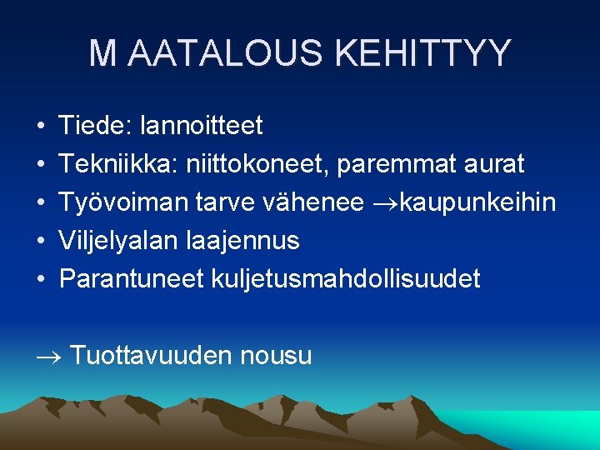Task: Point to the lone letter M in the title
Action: pyautogui.click(x=103, y=53)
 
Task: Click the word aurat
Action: pyautogui.click(x=497, y=164)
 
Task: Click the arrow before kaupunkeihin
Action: pyautogui.click(x=382, y=203)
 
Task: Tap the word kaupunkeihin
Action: pyautogui.click(x=477, y=203)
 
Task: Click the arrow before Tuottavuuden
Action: pyautogui.click(x=49, y=357)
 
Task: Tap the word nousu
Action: pyautogui.click(x=276, y=357)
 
